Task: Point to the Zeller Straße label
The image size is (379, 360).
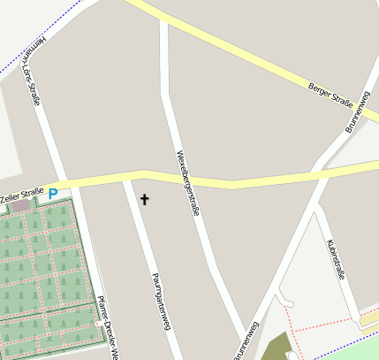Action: (x=21, y=195)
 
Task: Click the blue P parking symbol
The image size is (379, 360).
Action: (x=53, y=194)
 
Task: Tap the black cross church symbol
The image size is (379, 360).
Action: (x=145, y=200)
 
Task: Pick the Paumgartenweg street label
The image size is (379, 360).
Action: (x=160, y=301)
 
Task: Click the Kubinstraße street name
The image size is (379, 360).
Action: (x=335, y=257)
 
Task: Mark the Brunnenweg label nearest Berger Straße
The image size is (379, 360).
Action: (x=357, y=113)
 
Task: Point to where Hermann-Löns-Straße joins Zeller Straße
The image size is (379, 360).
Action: (x=62, y=183)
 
